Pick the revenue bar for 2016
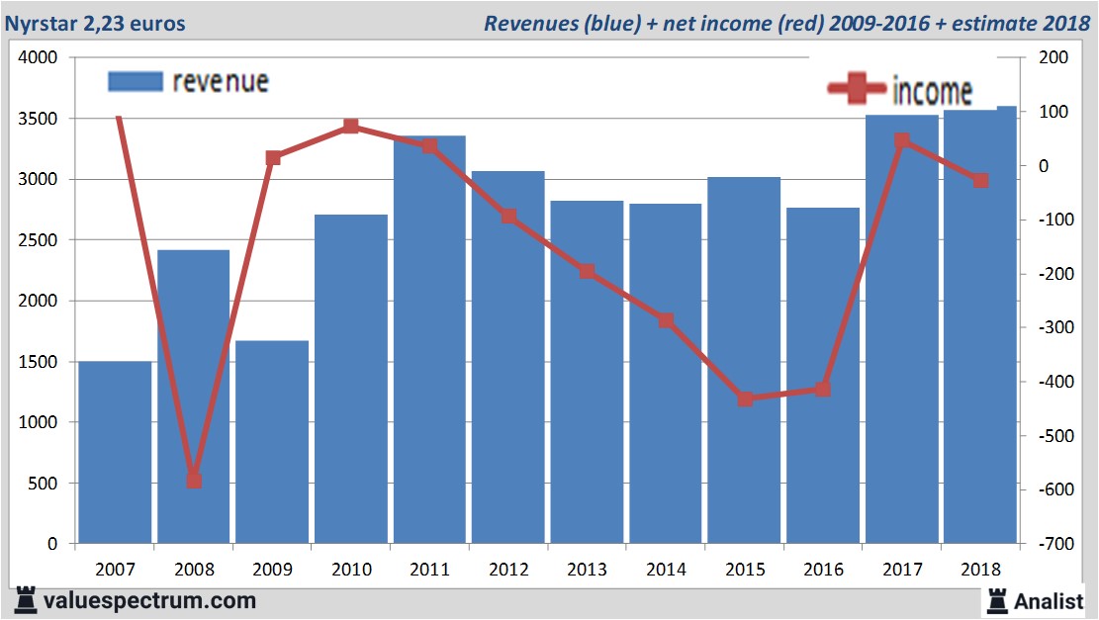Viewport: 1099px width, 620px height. point(823,376)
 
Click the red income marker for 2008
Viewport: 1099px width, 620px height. point(194,481)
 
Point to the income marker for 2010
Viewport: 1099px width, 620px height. point(351,127)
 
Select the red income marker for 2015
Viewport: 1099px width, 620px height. point(745,399)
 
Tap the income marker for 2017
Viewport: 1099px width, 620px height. point(902,141)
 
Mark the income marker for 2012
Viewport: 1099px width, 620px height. point(508,217)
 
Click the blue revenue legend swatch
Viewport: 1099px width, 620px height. point(134,81)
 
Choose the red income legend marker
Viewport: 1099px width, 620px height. point(856,89)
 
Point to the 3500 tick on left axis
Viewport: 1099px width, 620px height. point(41,119)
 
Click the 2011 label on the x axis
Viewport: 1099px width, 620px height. point(429,570)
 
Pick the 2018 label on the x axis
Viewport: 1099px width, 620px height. point(980,570)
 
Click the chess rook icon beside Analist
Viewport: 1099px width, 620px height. point(997,600)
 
